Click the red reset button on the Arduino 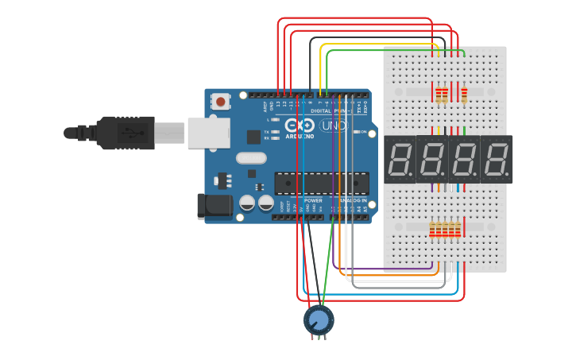220,101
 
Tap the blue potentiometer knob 319,319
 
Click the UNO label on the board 334,126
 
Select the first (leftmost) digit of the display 400,159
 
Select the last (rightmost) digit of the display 497,159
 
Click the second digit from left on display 433,159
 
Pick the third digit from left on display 465,159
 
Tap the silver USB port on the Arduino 208,133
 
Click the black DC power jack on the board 213,207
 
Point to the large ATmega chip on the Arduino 321,183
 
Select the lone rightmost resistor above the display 464,95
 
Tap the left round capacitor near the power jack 248,203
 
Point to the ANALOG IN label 354,200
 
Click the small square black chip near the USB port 253,137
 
